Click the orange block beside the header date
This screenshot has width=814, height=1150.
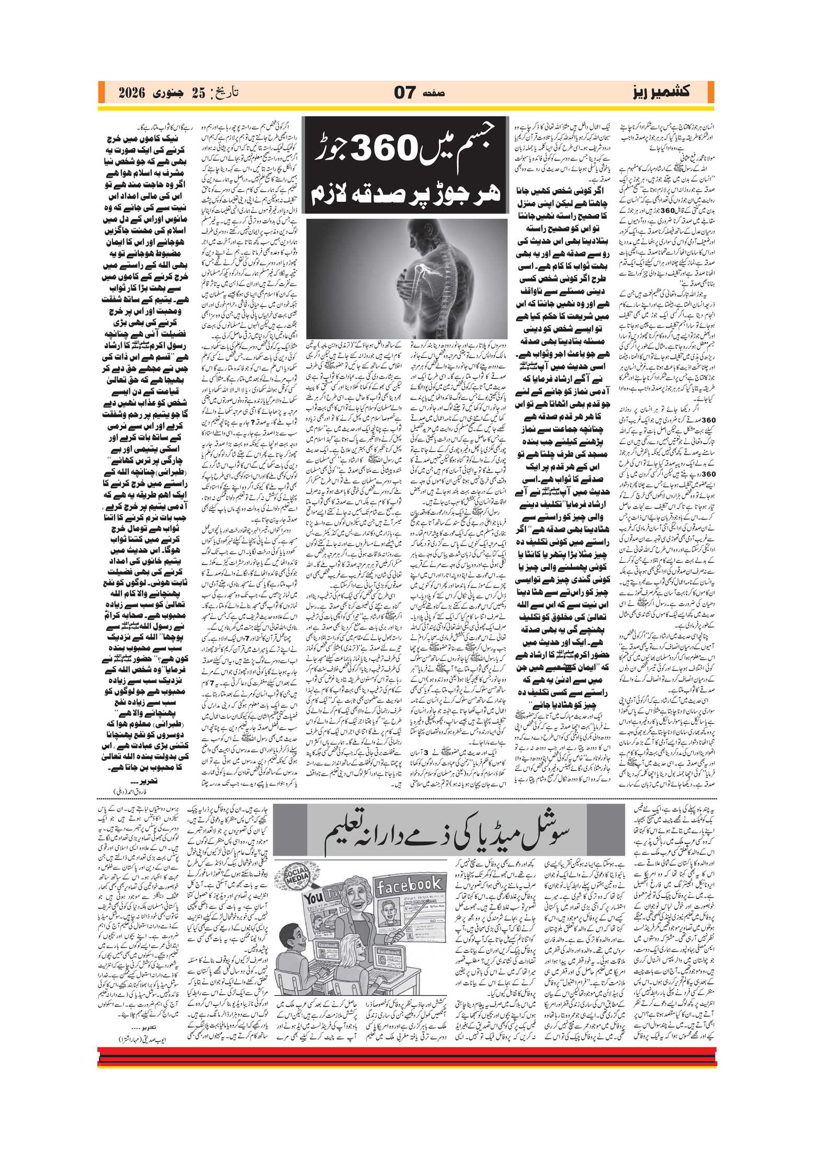pyautogui.click(x=102, y=93)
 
